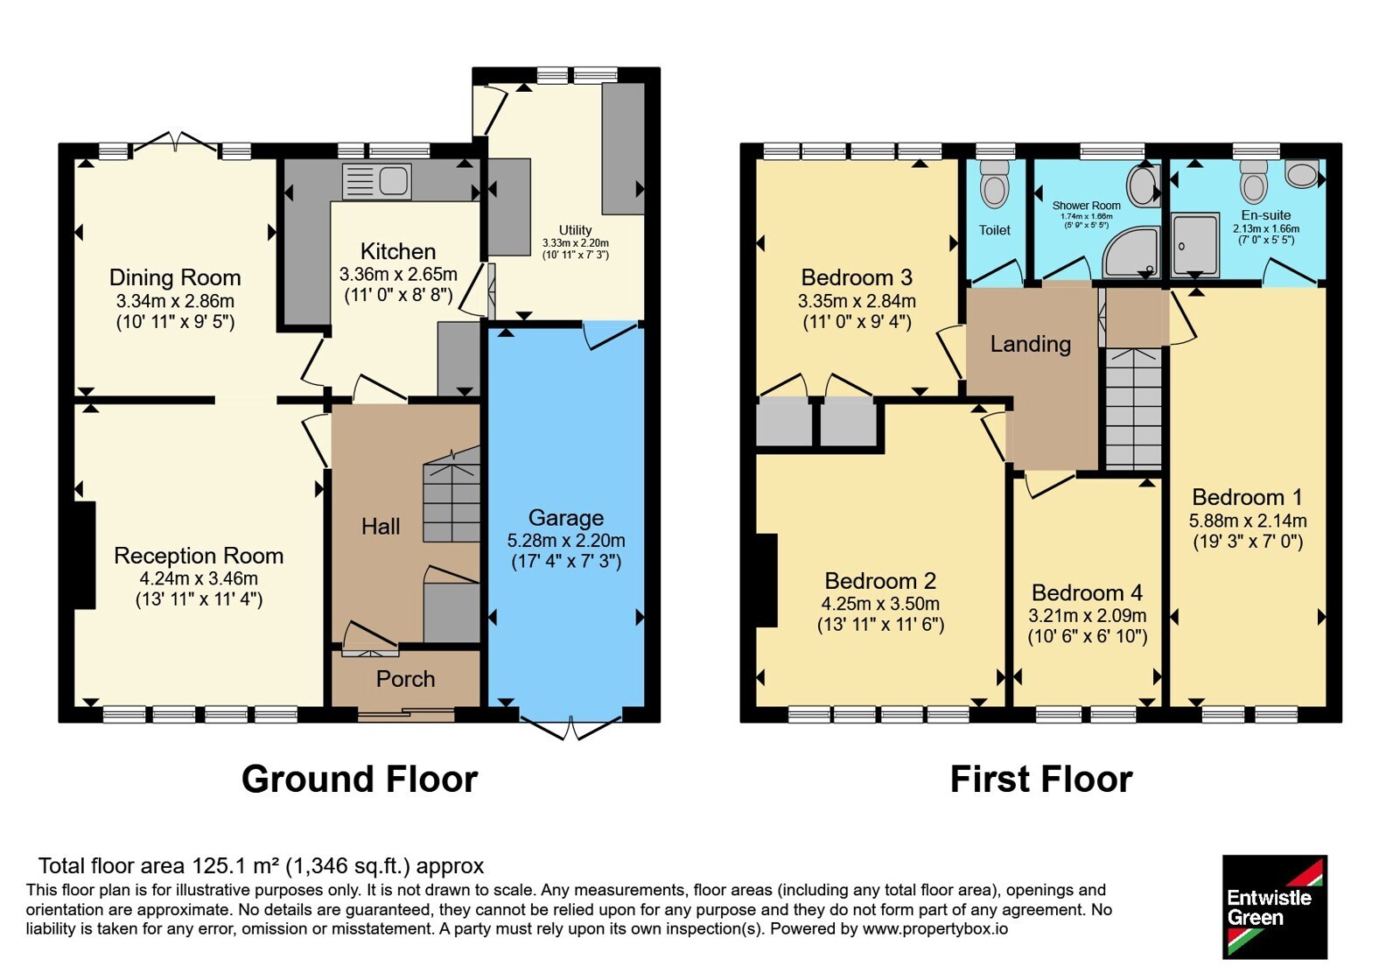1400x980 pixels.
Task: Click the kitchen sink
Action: pyautogui.click(x=377, y=181)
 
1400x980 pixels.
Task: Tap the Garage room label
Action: pyautogui.click(x=566, y=517)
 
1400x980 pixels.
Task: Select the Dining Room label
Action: pyautogui.click(x=175, y=276)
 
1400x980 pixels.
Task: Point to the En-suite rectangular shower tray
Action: pyautogui.click(x=1195, y=245)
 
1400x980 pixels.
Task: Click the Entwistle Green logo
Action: pyautogui.click(x=1275, y=906)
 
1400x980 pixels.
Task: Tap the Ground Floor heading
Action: pyautogui.click(x=360, y=780)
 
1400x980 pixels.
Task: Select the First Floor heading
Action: pyautogui.click(x=1041, y=780)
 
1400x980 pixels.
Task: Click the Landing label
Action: pyautogui.click(x=1031, y=344)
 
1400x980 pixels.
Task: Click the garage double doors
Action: pyautogui.click(x=570, y=727)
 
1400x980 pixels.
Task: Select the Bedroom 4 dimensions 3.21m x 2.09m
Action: pyautogui.click(x=1088, y=616)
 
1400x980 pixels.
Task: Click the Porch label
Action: pyautogui.click(x=406, y=679)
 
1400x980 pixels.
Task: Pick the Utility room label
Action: pyautogui.click(x=575, y=230)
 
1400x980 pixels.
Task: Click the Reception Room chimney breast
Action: pyautogui.click(x=85, y=555)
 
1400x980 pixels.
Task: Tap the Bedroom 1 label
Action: pyautogui.click(x=1248, y=497)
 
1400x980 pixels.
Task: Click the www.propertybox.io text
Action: pyautogui.click(x=935, y=928)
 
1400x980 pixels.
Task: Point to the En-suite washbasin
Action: pyautogui.click(x=1303, y=173)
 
